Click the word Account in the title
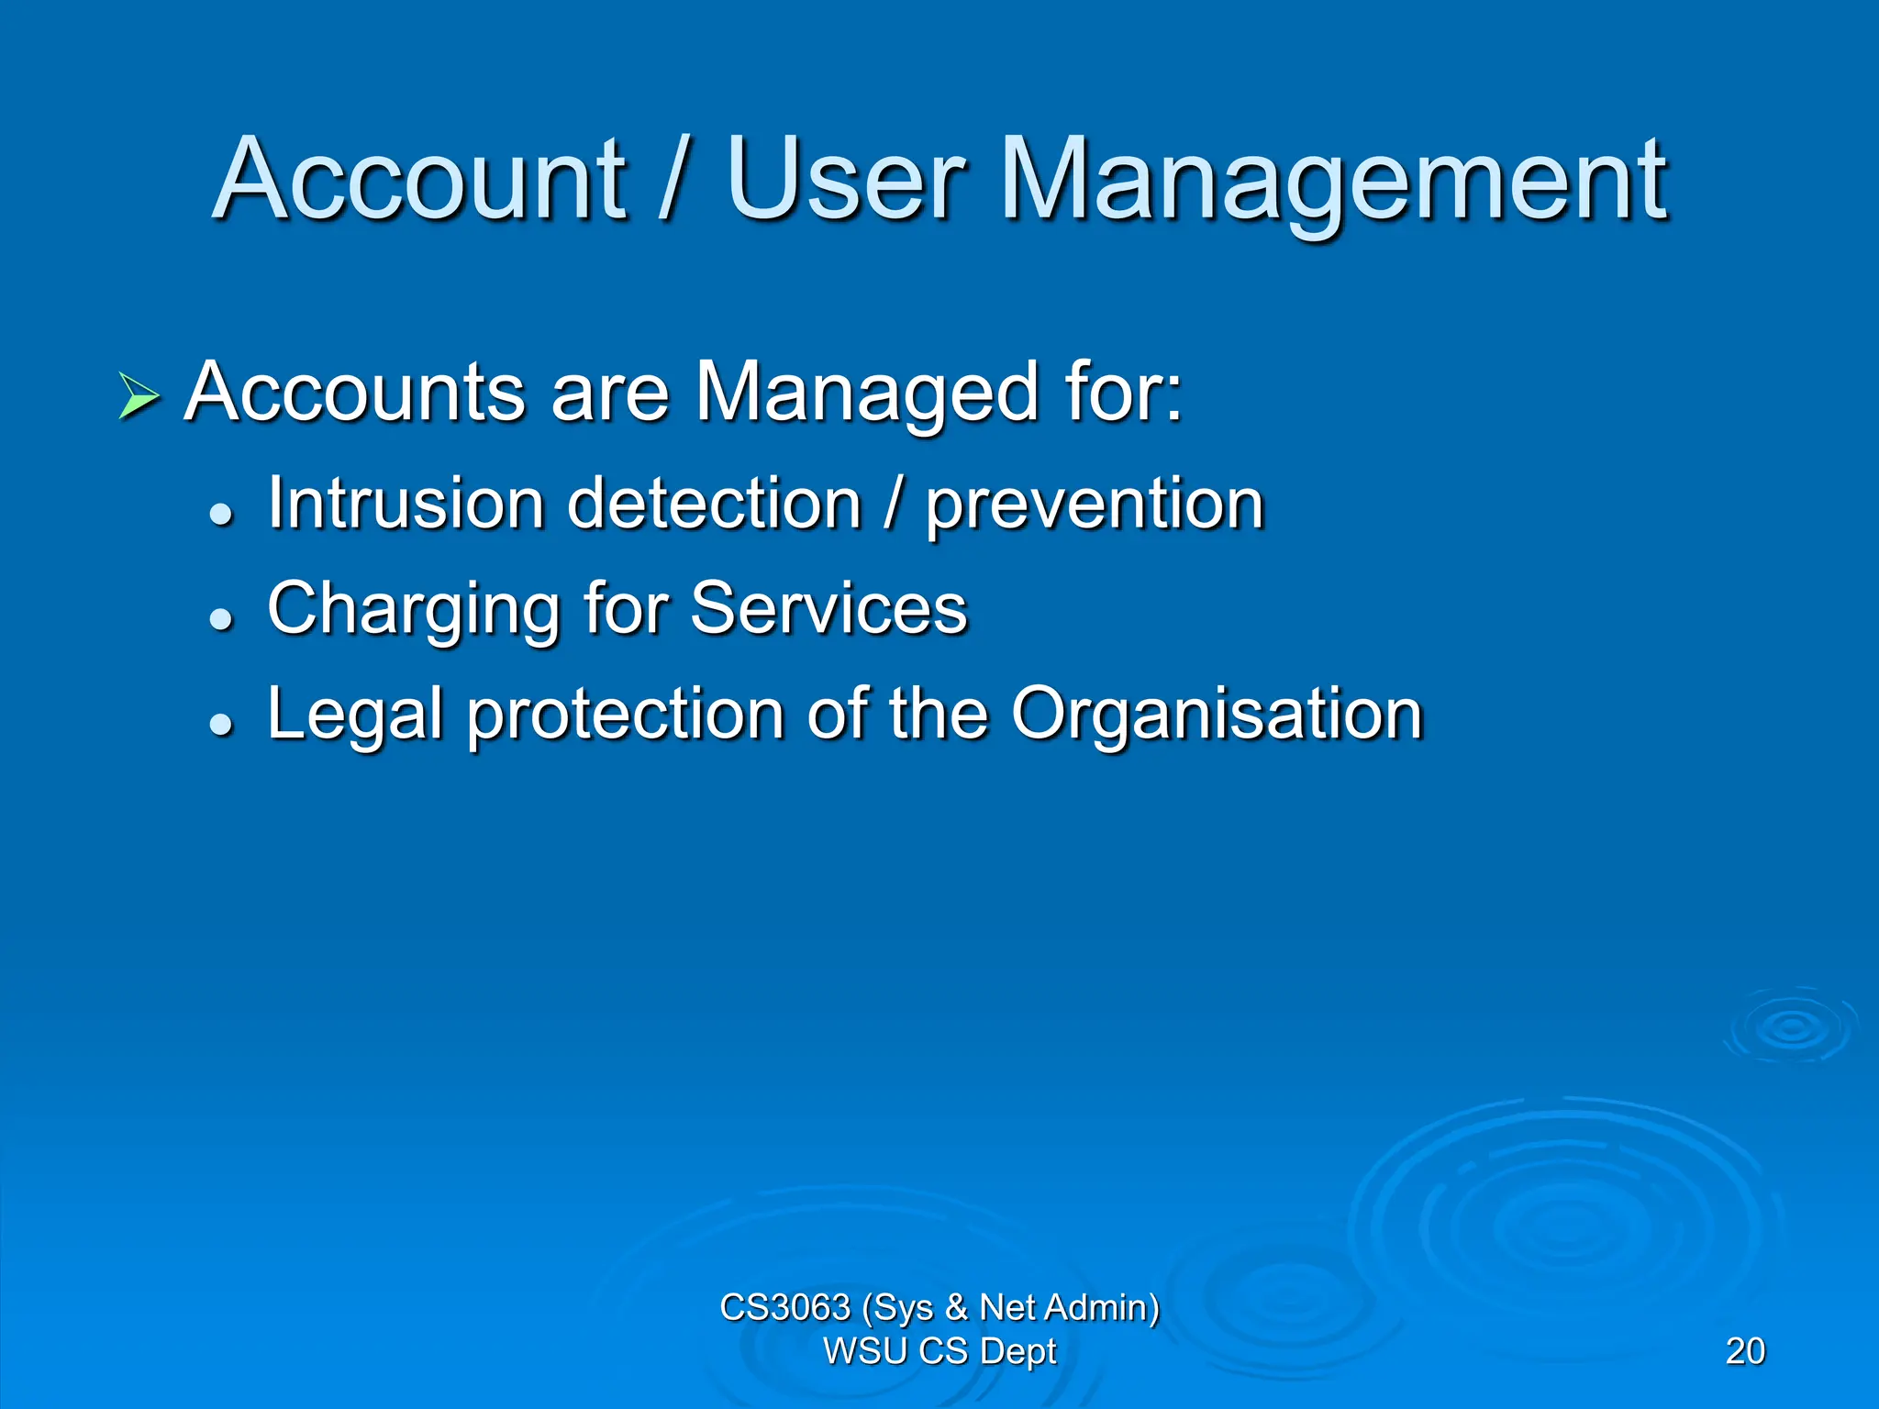click(x=420, y=179)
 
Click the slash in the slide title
click(x=673, y=179)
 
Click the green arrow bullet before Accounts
click(x=139, y=397)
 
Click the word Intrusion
click(x=406, y=504)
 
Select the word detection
click(x=715, y=504)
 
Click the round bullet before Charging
click(x=221, y=619)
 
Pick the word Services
click(x=828, y=608)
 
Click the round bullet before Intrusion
click(x=221, y=514)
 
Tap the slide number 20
click(x=1744, y=1351)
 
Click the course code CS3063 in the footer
click(x=784, y=1307)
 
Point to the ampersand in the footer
click(x=956, y=1307)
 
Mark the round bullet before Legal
click(x=221, y=725)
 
